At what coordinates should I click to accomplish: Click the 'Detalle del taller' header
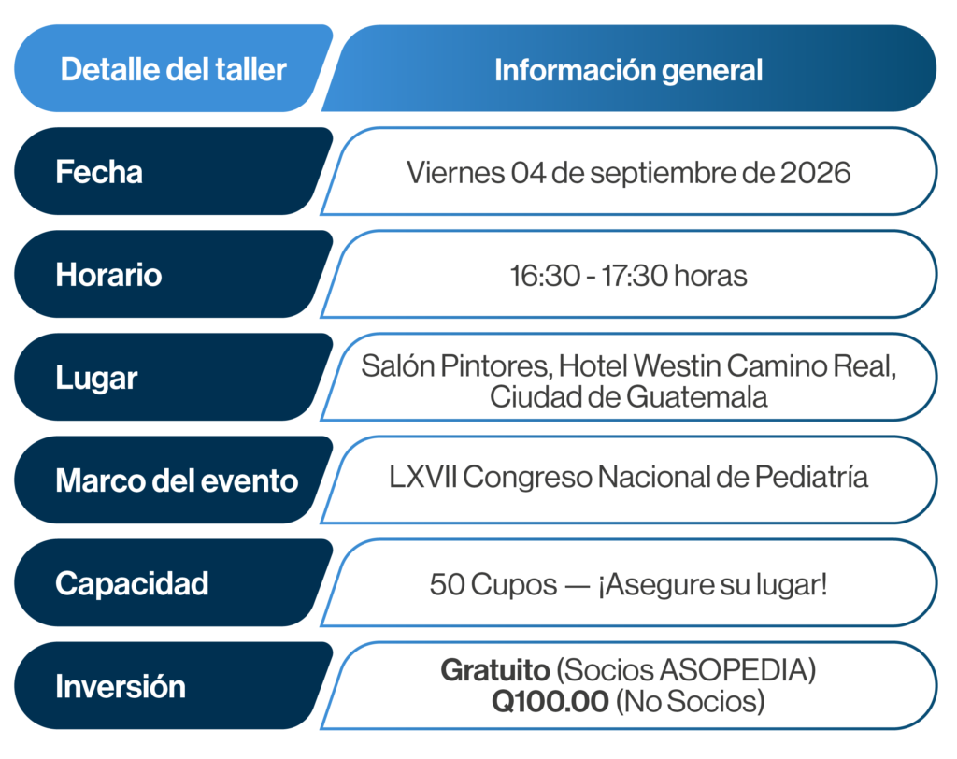click(173, 69)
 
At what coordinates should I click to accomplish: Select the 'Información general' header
click(629, 70)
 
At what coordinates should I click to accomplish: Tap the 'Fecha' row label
click(99, 172)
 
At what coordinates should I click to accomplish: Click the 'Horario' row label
click(108, 275)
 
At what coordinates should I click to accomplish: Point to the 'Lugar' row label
click(96, 379)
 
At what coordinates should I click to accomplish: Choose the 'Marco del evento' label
click(177, 480)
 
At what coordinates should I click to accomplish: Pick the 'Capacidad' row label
click(132, 584)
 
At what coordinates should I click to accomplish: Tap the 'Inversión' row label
click(121, 686)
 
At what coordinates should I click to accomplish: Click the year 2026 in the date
click(815, 173)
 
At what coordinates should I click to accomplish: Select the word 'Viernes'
click(455, 173)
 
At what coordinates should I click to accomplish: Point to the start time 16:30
click(545, 276)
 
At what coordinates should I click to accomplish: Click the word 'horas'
click(710, 276)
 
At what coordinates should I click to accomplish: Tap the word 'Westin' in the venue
click(678, 366)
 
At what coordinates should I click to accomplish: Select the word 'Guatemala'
click(697, 397)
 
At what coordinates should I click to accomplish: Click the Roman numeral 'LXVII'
click(423, 477)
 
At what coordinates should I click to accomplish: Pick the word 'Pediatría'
click(811, 477)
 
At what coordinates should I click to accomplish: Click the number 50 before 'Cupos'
click(448, 584)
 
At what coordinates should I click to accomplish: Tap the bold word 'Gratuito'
click(495, 670)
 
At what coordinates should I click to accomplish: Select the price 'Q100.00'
click(550, 702)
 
